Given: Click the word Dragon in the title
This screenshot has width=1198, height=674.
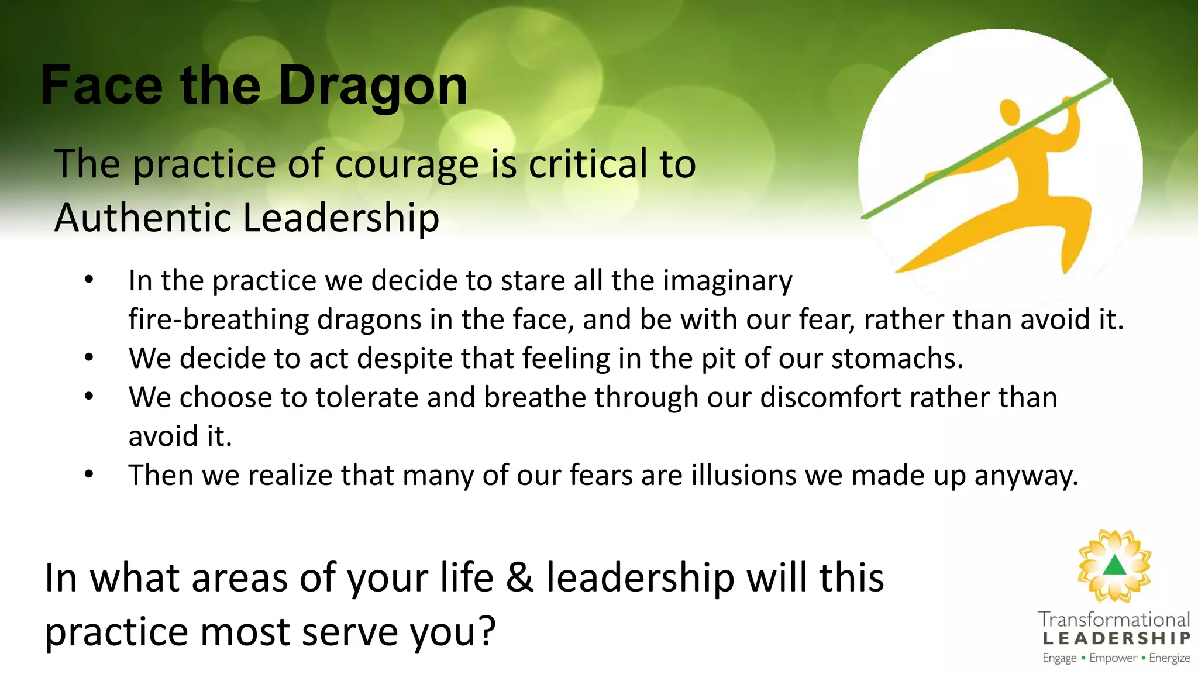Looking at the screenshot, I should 373,86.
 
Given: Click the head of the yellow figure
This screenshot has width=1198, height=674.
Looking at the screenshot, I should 1010,111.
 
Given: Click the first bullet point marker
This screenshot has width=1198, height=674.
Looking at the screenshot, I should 89,280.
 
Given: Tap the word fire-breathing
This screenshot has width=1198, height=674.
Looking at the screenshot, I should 218,319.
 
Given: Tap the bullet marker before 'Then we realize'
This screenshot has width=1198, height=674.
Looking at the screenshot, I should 89,474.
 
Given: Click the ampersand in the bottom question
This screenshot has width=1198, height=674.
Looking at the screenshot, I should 519,578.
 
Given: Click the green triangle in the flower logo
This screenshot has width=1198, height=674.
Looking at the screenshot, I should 1115,566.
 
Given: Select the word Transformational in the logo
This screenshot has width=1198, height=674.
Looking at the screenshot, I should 1114,620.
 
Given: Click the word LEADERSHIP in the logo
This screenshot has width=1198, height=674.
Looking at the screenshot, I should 1116,638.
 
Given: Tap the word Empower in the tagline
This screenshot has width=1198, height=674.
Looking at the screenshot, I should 1113,658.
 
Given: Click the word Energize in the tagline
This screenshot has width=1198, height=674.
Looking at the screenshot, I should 1169,658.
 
